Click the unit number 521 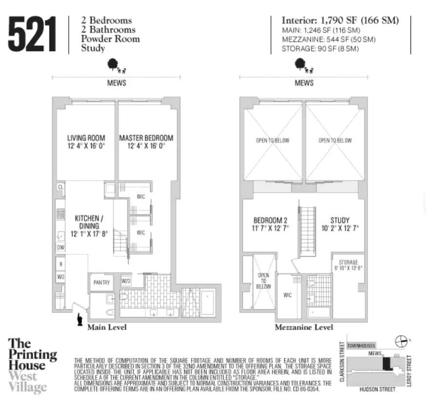(32, 34)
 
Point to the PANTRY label (101, 283)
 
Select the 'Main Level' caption (107, 327)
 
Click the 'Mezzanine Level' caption (304, 327)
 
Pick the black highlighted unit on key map (387, 363)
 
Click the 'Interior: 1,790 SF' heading (340, 20)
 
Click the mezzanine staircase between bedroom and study (307, 229)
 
